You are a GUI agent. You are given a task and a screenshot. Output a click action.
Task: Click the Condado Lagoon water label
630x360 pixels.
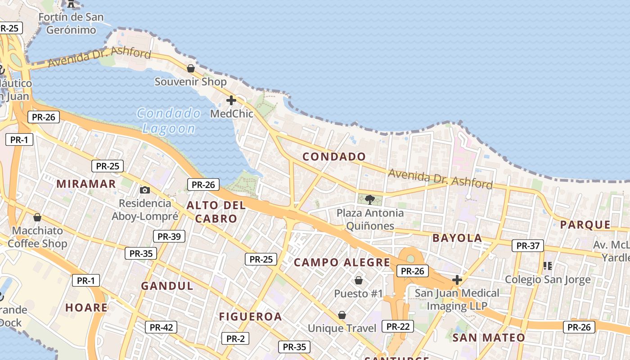coord(169,121)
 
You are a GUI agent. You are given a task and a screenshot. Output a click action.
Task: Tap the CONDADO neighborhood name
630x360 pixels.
coord(334,157)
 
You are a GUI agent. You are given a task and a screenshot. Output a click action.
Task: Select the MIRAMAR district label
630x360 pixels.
coord(86,184)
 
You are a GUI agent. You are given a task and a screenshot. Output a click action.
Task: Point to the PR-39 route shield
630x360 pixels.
coord(169,236)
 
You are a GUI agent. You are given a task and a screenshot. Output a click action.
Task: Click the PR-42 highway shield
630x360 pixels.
coord(161,327)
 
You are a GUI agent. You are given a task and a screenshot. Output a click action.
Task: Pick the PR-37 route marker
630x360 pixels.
coord(528,246)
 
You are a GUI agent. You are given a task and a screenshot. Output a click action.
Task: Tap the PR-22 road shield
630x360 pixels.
coord(398,326)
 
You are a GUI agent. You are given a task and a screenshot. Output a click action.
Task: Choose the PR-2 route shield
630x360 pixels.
coord(235,338)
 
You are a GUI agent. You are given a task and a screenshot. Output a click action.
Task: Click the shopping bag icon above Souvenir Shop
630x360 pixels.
coord(191,68)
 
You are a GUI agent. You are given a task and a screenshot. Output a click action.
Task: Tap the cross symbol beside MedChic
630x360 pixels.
coord(231,100)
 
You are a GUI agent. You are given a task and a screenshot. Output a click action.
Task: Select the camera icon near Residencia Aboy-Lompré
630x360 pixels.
coord(144,190)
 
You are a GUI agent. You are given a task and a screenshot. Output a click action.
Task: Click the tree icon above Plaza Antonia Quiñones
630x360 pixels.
coord(370,199)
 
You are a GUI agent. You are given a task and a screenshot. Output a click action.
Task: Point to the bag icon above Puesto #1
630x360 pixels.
coord(359,280)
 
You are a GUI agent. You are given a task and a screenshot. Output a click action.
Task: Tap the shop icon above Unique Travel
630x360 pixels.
coord(342,315)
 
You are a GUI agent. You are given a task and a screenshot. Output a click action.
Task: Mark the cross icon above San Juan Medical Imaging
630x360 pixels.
coord(457,280)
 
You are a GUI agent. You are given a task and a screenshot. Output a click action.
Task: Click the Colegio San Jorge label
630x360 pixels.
coord(548,279)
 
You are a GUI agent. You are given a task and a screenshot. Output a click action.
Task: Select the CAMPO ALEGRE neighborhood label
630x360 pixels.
coord(342,262)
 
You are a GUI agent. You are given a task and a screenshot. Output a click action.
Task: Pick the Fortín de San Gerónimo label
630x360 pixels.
coord(71,23)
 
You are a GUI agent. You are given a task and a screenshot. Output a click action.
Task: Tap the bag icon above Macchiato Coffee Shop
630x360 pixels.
coord(37,218)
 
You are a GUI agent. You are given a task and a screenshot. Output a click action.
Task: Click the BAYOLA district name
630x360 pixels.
coord(457,238)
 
